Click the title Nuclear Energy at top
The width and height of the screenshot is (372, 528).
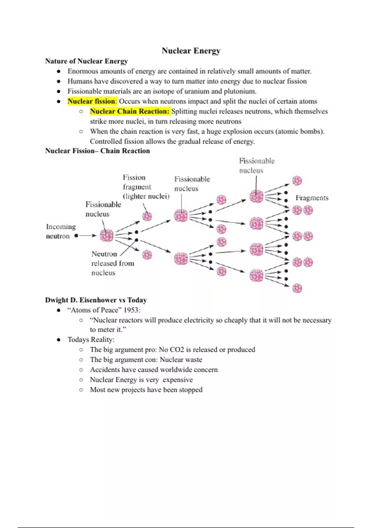pos(191,51)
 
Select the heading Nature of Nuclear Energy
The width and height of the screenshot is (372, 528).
pos(86,61)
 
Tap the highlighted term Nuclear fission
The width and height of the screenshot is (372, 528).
pos(91,101)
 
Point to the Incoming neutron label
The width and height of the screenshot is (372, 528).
pos(61,231)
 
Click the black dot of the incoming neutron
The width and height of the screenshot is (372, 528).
pos(76,236)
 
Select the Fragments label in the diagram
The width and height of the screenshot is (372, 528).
pos(312,198)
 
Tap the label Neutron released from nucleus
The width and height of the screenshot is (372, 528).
pos(113,263)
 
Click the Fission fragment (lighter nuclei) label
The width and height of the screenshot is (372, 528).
pos(146,187)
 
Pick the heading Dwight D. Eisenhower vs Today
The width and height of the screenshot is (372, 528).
pos(96,300)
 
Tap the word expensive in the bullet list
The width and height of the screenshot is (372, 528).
pos(178,380)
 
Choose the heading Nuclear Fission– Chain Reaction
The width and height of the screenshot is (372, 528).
pos(97,151)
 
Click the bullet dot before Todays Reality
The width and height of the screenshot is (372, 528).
pos(59,340)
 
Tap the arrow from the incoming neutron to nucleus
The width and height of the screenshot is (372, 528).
pos(88,236)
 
